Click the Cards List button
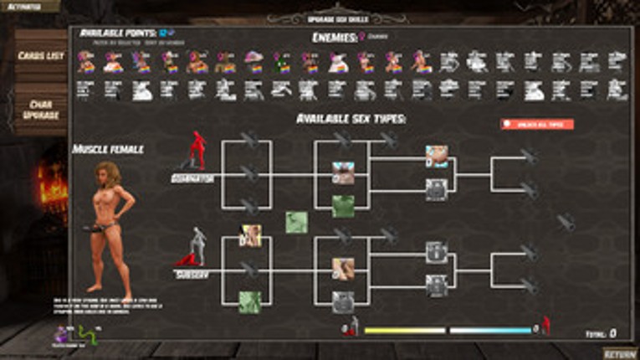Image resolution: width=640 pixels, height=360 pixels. (40, 56)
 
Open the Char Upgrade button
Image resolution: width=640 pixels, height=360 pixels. (40, 109)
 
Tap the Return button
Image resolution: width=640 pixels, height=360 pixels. (619, 352)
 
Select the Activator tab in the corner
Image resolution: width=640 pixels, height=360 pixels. (25, 6)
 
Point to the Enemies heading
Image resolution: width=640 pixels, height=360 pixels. (335, 37)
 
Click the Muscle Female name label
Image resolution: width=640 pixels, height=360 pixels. (108, 149)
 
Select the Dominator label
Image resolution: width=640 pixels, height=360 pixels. (192, 178)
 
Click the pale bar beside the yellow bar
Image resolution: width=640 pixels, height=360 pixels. (490, 330)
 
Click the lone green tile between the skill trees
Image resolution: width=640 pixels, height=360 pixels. (296, 222)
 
